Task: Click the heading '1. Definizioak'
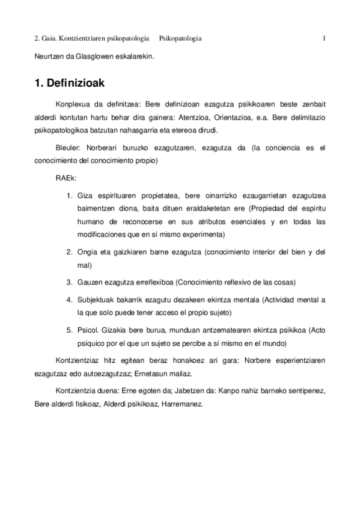[x=70, y=85]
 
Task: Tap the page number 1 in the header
[x=324, y=39]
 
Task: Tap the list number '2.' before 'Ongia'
[x=69, y=251]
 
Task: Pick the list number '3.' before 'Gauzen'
[x=69, y=282]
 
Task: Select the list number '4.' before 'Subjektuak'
[x=69, y=299]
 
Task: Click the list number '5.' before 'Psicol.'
[x=69, y=330]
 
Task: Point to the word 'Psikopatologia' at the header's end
[x=180, y=39]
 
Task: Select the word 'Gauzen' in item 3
[x=90, y=282]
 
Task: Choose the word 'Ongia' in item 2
[x=87, y=251]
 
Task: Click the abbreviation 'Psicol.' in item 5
[x=88, y=330]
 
